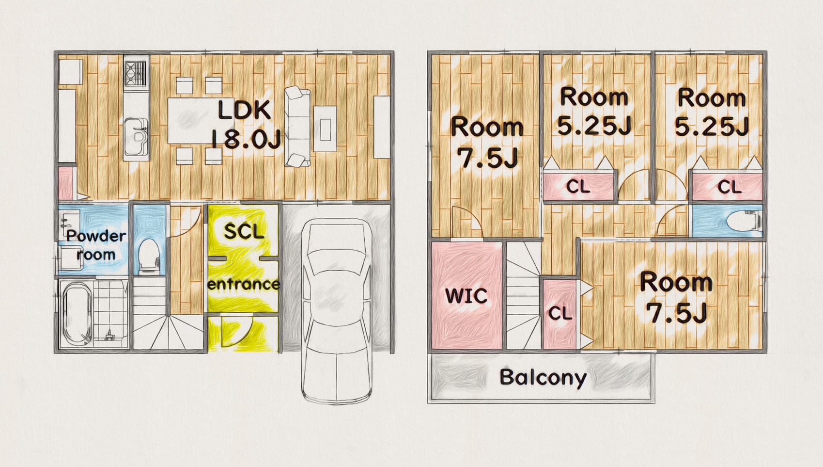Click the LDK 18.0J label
point(246,125)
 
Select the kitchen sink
point(136,136)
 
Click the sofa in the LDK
point(297,127)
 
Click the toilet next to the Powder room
point(149,256)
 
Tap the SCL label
point(244,232)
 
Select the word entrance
point(244,284)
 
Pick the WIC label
point(466,296)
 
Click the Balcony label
point(543,377)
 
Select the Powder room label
point(96,244)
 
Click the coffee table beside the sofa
point(325,129)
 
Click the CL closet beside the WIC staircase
point(559,314)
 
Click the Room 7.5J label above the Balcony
point(676,298)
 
